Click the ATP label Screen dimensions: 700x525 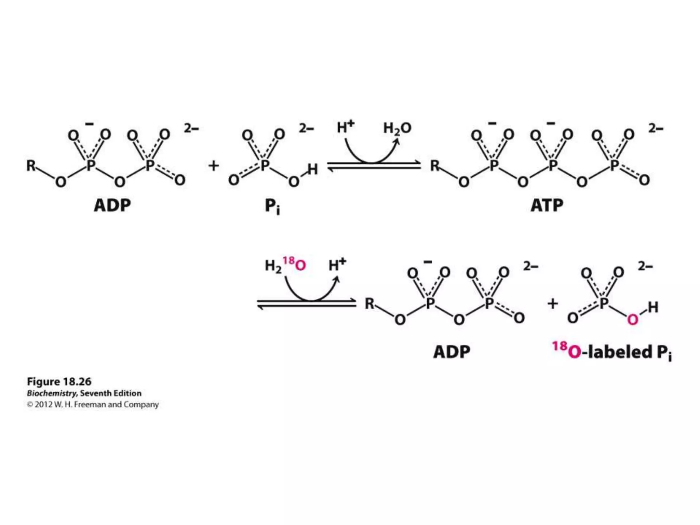(547, 205)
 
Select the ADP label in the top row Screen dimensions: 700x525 (112, 205)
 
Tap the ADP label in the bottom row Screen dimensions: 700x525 (452, 352)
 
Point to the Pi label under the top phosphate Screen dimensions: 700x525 (272, 206)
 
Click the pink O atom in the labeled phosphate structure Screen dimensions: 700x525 (633, 320)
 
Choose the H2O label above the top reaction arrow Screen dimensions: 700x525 (397, 128)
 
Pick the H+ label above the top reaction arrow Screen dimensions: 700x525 (345, 127)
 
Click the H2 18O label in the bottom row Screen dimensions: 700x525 (285, 265)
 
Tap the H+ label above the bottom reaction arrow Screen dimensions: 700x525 (337, 264)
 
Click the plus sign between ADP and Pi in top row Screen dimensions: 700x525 (214, 166)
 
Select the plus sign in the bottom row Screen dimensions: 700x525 (553, 304)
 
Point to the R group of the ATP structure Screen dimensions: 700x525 (435, 166)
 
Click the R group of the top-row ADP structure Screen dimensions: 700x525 (31, 166)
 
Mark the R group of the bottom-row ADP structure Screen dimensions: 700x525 (369, 304)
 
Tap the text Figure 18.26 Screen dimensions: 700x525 (59, 381)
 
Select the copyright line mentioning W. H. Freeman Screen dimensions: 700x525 (93, 405)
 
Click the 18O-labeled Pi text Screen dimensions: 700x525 (612, 352)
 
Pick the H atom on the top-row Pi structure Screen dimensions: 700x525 (312, 169)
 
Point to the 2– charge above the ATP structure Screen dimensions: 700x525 (656, 129)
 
